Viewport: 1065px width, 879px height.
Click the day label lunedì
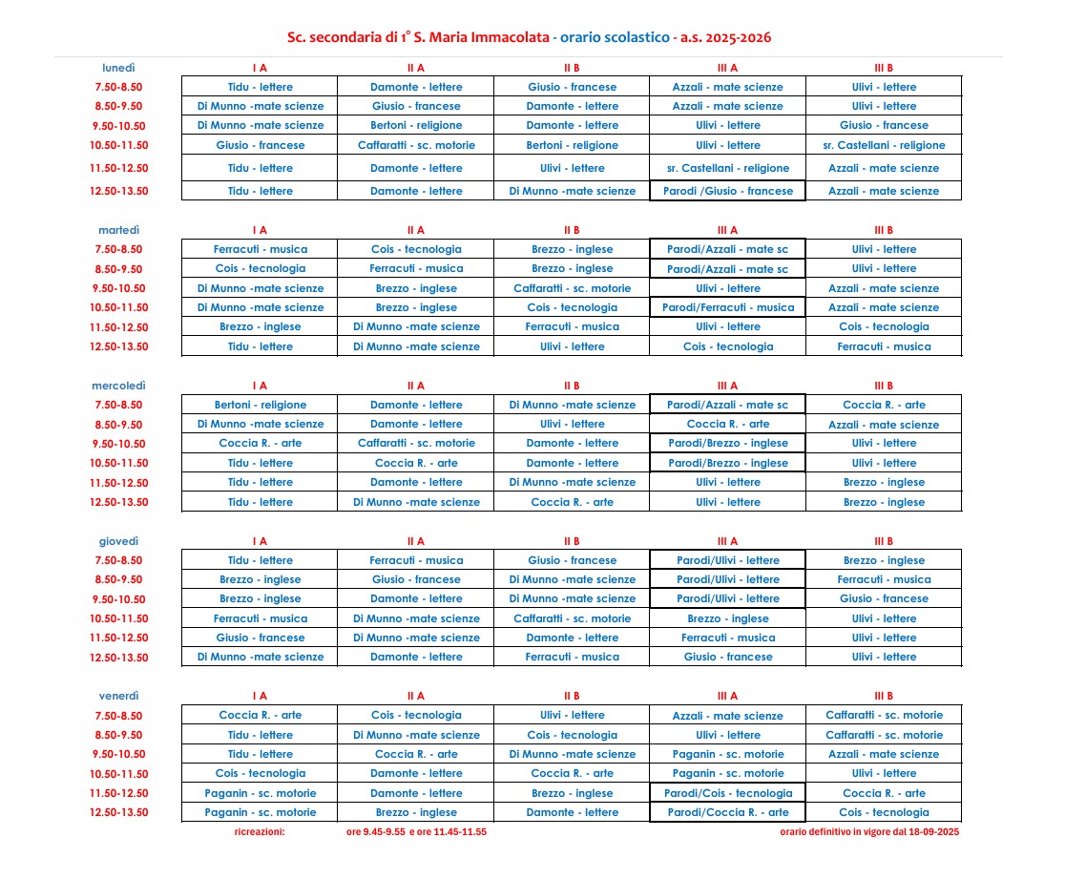pos(118,68)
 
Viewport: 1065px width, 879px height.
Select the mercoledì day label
pos(118,386)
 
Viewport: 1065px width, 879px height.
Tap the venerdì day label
pos(118,696)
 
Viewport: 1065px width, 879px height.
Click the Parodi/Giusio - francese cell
pos(727,191)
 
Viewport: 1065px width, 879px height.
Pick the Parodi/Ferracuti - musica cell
pos(727,307)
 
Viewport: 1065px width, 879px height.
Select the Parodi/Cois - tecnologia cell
pos(727,793)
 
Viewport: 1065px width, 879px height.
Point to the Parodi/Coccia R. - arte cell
pos(727,812)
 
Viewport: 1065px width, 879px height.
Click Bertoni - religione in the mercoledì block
pos(260,405)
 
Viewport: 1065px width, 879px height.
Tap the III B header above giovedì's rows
pos(883,541)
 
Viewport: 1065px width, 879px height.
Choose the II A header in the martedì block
pos(415,230)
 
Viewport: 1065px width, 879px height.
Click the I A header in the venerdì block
pos(260,696)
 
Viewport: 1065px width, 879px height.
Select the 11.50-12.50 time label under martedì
pos(118,327)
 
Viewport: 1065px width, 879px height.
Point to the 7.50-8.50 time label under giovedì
pos(118,560)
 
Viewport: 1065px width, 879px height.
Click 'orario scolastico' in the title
pos(615,38)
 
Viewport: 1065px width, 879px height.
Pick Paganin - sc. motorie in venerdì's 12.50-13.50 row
pos(260,812)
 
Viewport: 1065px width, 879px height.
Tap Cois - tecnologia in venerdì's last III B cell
pos(883,812)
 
